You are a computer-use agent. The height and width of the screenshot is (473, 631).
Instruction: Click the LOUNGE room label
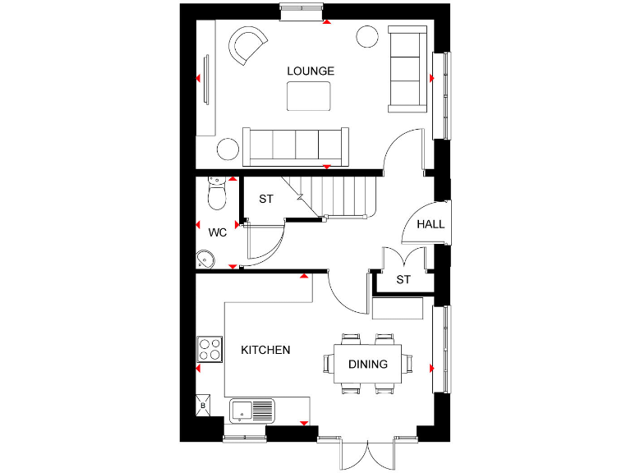click(x=311, y=71)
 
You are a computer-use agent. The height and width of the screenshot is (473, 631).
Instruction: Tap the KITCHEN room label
click(x=265, y=351)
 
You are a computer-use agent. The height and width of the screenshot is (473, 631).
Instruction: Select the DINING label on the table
click(x=367, y=365)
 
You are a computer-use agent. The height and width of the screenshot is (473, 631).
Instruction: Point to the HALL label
click(x=431, y=224)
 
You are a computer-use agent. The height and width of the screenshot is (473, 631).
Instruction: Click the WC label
click(x=217, y=233)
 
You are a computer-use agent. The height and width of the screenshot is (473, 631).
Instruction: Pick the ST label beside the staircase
click(x=266, y=200)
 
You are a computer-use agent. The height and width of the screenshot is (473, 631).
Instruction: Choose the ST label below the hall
click(x=403, y=280)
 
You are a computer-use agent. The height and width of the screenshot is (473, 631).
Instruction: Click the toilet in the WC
click(x=217, y=194)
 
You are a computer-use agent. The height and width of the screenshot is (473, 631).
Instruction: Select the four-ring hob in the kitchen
click(x=210, y=350)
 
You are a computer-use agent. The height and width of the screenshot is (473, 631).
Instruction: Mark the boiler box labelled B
click(x=202, y=406)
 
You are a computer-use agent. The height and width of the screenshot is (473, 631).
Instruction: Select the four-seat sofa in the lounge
click(x=296, y=145)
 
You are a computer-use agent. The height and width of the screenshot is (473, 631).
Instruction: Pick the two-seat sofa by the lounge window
click(x=407, y=68)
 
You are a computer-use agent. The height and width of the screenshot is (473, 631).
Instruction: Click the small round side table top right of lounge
click(x=366, y=36)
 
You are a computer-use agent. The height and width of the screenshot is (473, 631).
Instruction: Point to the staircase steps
click(x=345, y=197)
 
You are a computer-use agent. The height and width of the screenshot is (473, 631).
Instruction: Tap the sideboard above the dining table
click(x=398, y=309)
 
